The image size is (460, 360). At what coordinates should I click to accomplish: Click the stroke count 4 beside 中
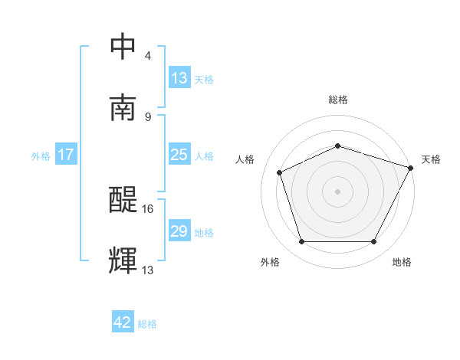(148, 56)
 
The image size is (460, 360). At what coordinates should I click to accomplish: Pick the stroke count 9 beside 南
(148, 116)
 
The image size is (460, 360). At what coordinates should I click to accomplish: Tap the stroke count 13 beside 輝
(149, 270)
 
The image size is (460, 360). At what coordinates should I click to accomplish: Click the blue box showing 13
(179, 78)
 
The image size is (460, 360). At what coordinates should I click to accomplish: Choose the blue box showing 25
(179, 155)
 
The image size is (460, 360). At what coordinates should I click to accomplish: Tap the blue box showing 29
(179, 231)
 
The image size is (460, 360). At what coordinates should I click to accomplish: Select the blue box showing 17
(65, 155)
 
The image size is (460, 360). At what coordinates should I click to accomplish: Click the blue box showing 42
(123, 323)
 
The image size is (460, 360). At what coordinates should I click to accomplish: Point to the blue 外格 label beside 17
(41, 155)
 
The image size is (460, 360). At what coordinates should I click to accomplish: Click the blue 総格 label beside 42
(147, 324)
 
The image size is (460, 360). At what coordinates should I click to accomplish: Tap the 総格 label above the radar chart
(338, 100)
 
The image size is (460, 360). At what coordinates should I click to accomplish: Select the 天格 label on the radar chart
(431, 159)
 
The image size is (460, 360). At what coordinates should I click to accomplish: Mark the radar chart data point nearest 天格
(411, 168)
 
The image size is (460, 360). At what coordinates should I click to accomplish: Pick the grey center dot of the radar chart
(337, 191)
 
